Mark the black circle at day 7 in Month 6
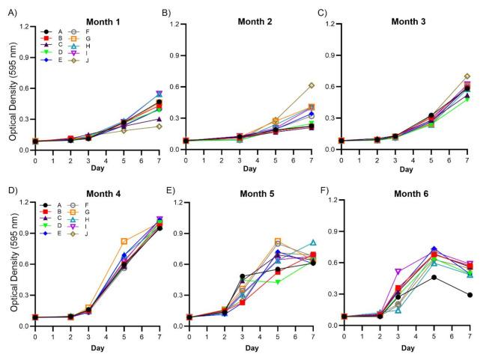[469, 295]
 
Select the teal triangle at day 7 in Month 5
[312, 242]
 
